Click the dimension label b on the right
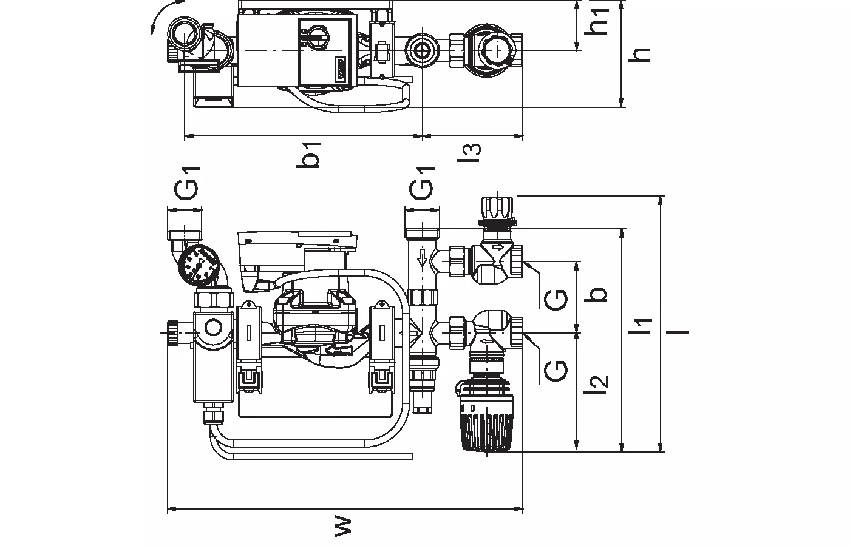coord(599,294)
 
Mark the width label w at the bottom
coord(343,527)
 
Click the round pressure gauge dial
coord(198,263)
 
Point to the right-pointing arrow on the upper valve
coord(497,248)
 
